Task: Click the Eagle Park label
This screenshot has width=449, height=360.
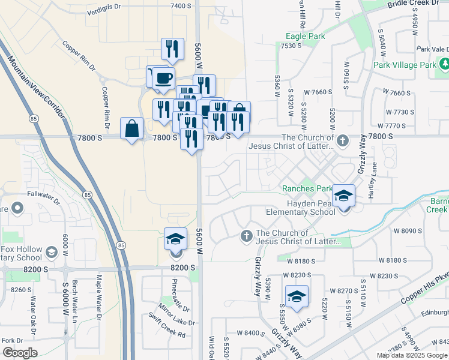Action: (305, 37)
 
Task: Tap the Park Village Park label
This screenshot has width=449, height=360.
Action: (404, 65)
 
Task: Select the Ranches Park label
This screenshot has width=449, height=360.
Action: (307, 188)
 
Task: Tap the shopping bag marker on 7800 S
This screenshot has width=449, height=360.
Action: (131, 129)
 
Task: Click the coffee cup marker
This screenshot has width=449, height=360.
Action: (163, 77)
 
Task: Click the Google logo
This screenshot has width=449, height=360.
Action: (19, 353)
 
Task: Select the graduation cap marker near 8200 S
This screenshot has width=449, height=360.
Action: (175, 240)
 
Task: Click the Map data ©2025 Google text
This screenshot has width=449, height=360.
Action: (412, 355)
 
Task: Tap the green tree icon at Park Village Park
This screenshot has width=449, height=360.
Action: (445, 63)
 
